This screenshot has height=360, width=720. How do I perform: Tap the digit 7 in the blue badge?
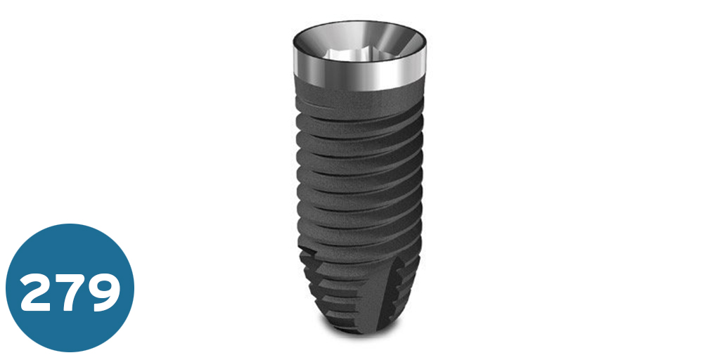click(x=71, y=289)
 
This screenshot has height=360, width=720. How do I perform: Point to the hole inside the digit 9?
click(x=103, y=282)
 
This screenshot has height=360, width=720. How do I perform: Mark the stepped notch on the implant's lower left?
click(x=308, y=260)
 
